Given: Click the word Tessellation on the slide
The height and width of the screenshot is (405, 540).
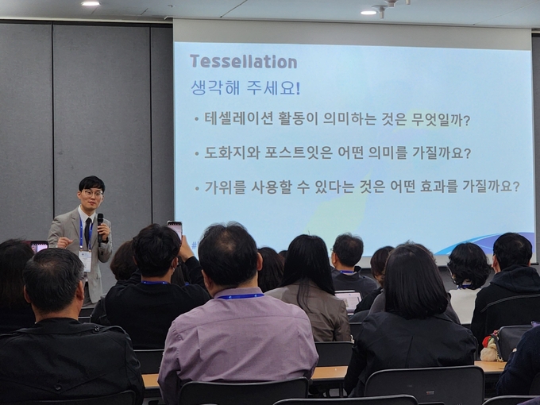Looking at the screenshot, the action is pyautogui.click(x=244, y=62).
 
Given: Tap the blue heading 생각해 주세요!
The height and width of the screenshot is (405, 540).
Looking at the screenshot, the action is pyautogui.click(x=245, y=88).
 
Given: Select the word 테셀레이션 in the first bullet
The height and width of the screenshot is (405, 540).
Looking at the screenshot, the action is pyautogui.click(x=239, y=119).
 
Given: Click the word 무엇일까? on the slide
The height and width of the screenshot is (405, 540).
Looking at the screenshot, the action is pyautogui.click(x=441, y=120).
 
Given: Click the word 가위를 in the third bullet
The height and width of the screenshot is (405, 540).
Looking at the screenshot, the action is pyautogui.click(x=226, y=187).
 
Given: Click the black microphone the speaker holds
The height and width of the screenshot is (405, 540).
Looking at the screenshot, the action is pyautogui.click(x=100, y=226).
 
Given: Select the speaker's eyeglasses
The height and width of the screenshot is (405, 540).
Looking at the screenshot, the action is pyautogui.click(x=92, y=193).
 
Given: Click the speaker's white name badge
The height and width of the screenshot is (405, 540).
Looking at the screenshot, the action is pyautogui.click(x=85, y=260).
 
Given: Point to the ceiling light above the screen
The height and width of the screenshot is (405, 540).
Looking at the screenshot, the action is pyautogui.click(x=368, y=13).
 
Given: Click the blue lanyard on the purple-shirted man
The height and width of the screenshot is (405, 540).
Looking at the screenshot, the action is pyautogui.click(x=240, y=296).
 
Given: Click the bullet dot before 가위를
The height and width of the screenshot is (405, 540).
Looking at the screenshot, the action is pyautogui.click(x=197, y=188).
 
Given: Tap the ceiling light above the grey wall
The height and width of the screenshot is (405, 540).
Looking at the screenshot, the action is pyautogui.click(x=91, y=3).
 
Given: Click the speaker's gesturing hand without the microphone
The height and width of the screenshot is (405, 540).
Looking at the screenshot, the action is pyautogui.click(x=64, y=242).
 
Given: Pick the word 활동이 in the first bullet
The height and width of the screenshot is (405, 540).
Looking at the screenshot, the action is pyautogui.click(x=299, y=119).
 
